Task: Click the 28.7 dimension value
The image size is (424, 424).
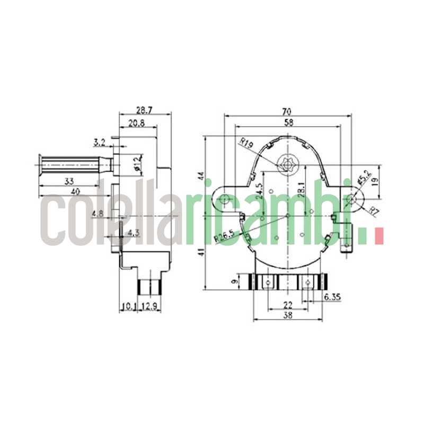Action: [144, 110]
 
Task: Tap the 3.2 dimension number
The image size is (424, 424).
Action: [99, 142]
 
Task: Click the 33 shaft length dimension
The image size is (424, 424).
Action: [69, 181]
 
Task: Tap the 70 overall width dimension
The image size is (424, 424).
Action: [287, 111]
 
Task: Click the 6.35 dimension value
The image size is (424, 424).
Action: [331, 298]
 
